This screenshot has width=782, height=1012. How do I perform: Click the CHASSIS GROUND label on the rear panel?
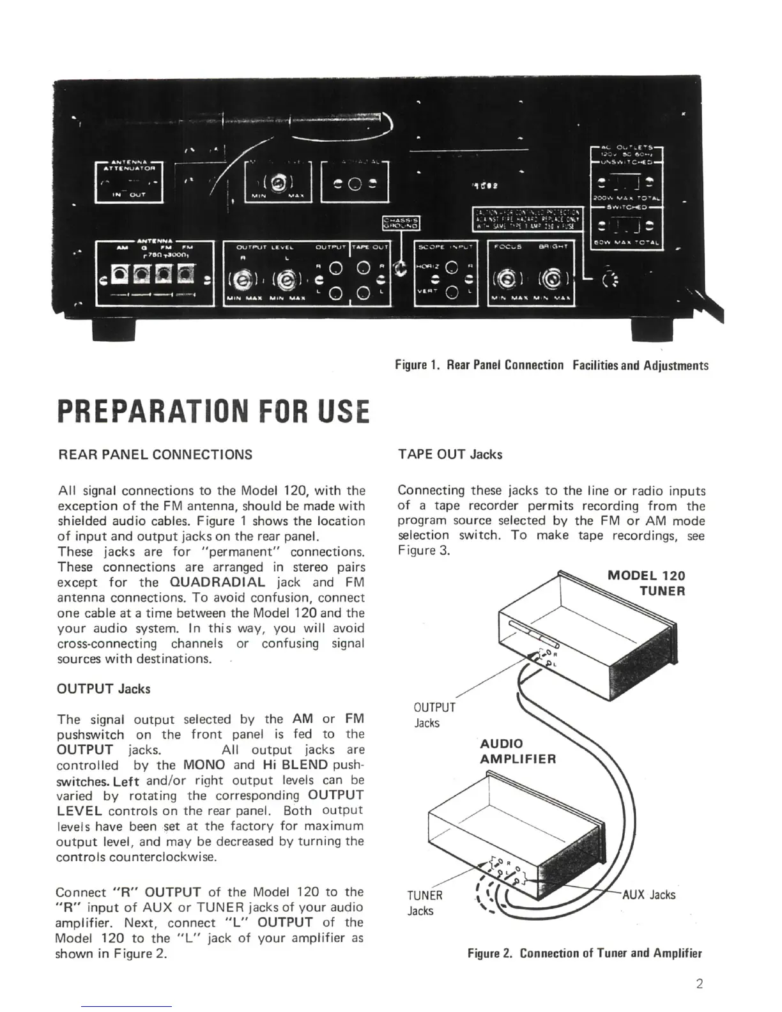pos(400,222)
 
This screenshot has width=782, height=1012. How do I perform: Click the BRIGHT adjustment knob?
pos(551,279)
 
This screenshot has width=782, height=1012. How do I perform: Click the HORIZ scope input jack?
pos(451,267)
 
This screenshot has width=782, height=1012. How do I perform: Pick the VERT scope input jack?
pos(451,293)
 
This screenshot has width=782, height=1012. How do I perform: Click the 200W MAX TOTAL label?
pos(627,199)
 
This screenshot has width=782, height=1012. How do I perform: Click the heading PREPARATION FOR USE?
pos(213,411)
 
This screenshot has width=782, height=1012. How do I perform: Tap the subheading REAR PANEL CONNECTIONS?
pos(155,455)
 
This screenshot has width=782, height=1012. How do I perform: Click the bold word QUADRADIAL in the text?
pos(218,583)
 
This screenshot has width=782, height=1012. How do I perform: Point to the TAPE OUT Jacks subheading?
pos(450,455)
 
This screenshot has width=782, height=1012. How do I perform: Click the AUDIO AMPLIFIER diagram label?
pos(517,751)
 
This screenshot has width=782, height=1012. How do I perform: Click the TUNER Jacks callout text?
pos(425,903)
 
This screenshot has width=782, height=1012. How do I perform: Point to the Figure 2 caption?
pos(585,954)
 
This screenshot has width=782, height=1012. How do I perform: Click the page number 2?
pos(700,984)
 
